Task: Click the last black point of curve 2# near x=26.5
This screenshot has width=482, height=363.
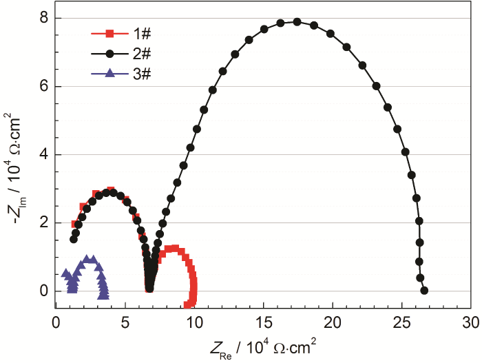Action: click(424, 291)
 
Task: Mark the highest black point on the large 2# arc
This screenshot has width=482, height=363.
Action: click(297, 21)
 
